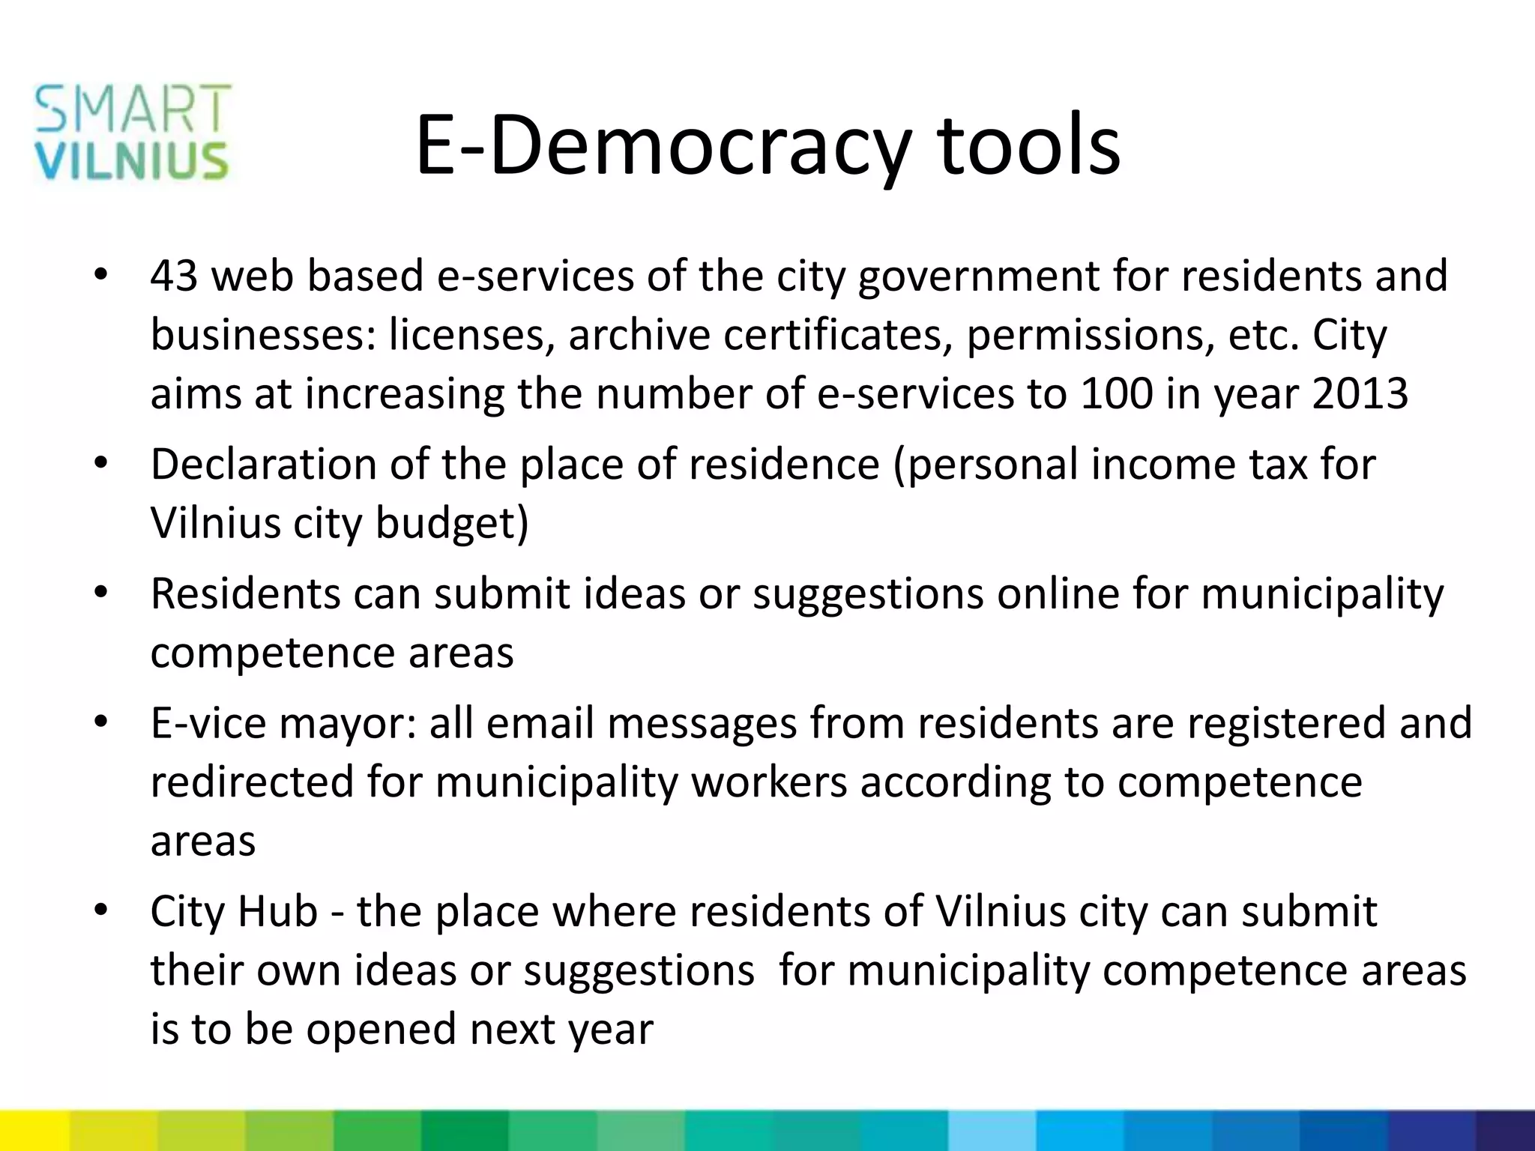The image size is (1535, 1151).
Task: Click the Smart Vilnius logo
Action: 132,133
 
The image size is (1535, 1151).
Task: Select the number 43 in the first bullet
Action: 174,276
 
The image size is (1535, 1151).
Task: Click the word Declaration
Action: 263,465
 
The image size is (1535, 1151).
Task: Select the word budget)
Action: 452,523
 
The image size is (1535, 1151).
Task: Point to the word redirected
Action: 252,782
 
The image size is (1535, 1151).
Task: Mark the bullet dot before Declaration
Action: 102,463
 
